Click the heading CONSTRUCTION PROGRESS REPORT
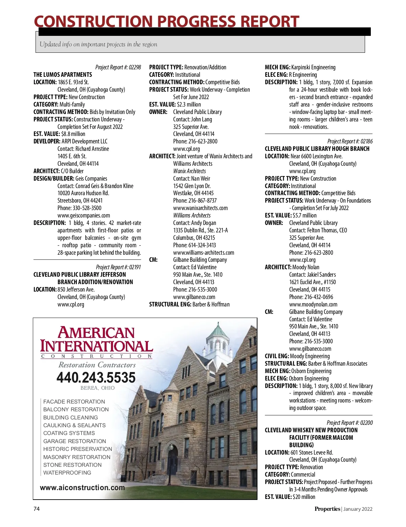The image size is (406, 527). (166, 22)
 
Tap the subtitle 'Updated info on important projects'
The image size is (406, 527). (98, 44)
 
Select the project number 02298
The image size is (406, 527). (134, 67)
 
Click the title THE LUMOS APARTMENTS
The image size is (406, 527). (63, 75)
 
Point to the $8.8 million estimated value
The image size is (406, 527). (73, 134)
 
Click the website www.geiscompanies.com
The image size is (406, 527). (84, 215)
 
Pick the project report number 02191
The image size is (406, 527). (135, 267)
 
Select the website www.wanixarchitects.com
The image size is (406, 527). (200, 208)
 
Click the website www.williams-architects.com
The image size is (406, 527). (203, 253)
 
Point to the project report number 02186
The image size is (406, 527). (366, 141)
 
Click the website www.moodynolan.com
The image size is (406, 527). (313, 304)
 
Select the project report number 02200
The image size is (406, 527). (366, 423)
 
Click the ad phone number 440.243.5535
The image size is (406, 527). (96, 377)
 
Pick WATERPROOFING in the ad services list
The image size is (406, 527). (67, 473)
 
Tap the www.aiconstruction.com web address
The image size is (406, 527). (82, 488)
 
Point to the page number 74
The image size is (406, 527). (37, 509)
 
